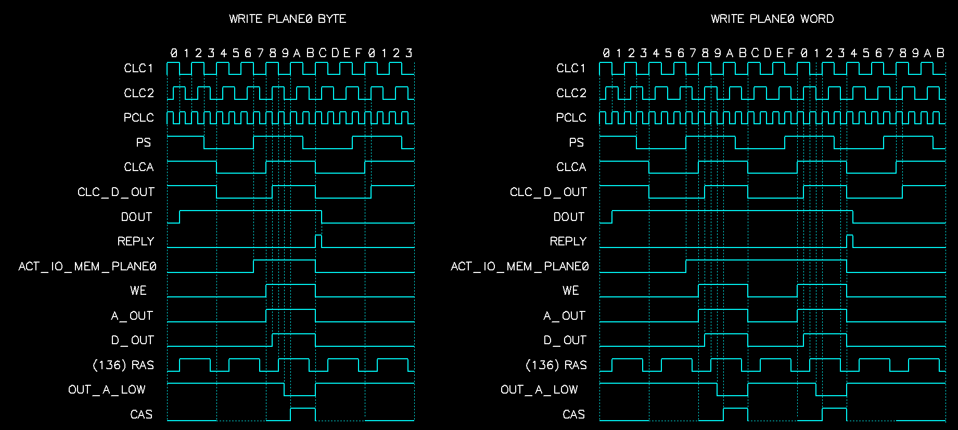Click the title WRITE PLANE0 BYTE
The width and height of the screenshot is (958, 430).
point(287,19)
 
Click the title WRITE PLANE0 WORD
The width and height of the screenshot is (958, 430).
point(772,19)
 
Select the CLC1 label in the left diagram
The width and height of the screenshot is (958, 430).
point(138,69)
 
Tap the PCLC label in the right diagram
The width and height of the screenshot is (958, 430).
point(571,118)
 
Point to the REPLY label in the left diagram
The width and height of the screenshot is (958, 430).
point(136,242)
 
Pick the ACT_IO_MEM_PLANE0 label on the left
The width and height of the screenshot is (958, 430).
point(87,267)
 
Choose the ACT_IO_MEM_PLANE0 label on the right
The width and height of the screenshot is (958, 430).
point(519,267)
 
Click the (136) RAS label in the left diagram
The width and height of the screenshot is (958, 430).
point(123,366)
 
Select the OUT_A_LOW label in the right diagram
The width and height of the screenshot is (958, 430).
point(539,390)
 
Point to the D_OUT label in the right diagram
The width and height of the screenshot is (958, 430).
point(565,341)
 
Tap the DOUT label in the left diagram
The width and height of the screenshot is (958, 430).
point(136,217)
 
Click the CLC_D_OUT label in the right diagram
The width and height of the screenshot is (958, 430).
point(548,192)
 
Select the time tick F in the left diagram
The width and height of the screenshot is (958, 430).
point(359,53)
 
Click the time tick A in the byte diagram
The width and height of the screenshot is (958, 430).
point(297,53)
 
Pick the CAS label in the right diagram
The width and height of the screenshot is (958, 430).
point(573,415)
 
